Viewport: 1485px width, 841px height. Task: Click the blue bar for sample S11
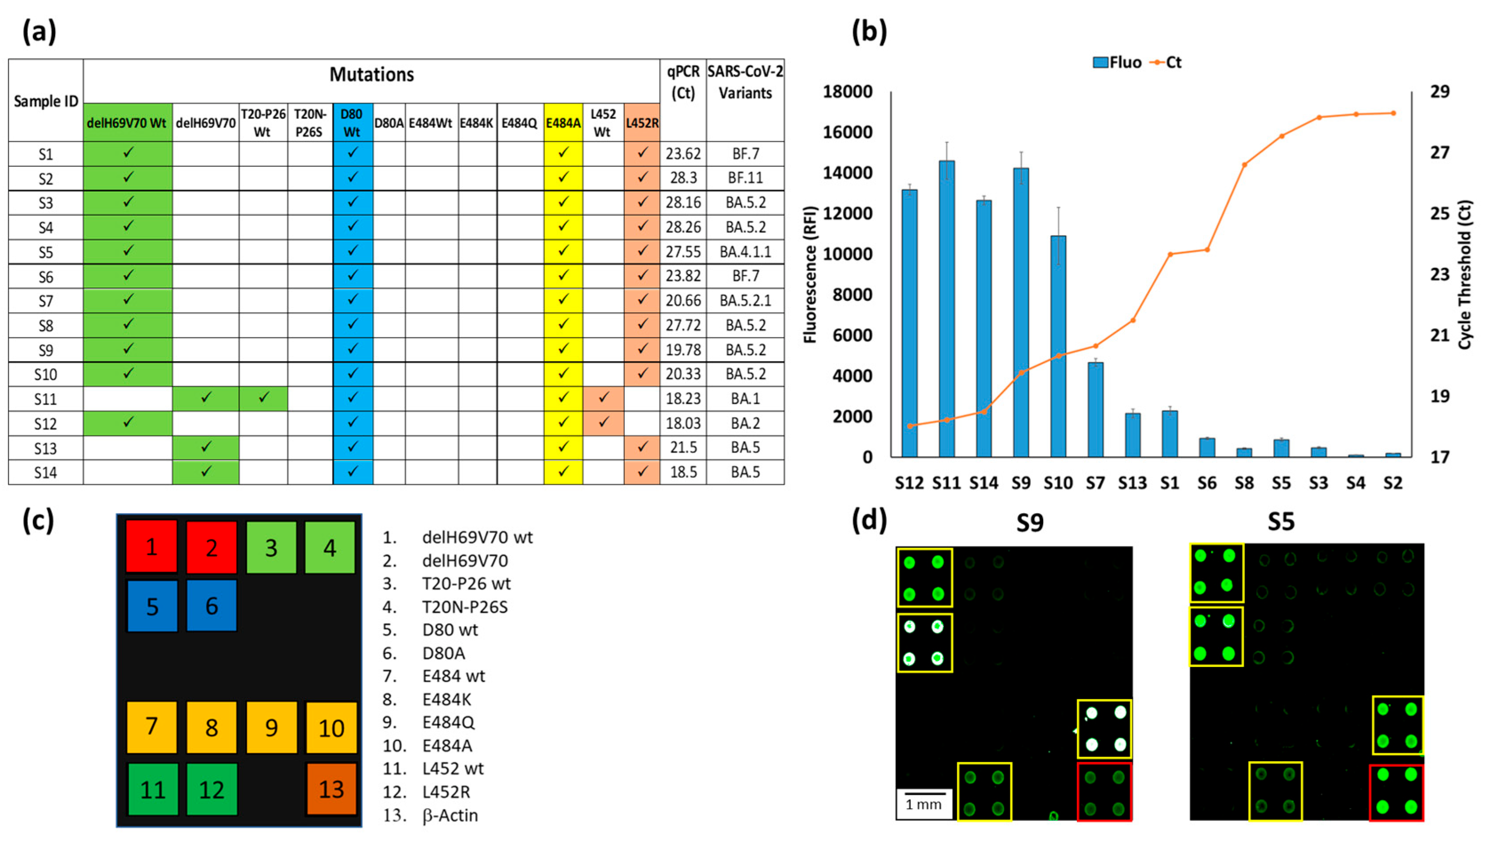pos(946,308)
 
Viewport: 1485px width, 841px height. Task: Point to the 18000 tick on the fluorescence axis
pos(847,92)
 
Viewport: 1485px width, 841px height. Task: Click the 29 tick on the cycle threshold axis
pos(1439,92)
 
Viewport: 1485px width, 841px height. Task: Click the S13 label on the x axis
pos(1132,483)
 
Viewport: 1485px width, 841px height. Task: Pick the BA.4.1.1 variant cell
pos(746,252)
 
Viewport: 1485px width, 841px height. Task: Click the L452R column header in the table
pos(642,122)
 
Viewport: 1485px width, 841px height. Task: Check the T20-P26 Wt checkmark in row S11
pos(263,398)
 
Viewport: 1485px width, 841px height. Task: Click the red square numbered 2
pos(211,547)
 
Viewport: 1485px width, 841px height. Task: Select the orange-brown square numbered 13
pos(331,789)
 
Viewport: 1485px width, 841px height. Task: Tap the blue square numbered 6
pos(211,606)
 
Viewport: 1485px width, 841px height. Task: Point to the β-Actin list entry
pos(449,815)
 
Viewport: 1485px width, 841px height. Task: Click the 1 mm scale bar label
pos(923,804)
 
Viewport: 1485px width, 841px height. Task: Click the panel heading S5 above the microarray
pos(1280,521)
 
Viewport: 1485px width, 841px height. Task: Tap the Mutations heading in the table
pos(372,75)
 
